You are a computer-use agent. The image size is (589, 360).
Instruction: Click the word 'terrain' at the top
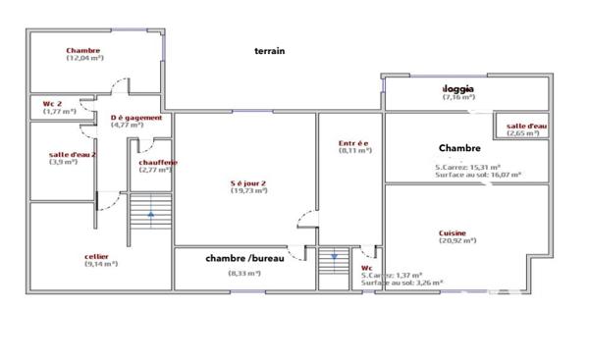tap(269, 51)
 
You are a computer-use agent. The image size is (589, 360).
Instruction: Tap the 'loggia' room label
tap(458, 87)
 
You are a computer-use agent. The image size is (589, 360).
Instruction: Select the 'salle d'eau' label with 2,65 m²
tap(527, 126)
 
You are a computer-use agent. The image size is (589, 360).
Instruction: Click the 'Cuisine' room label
tap(453, 232)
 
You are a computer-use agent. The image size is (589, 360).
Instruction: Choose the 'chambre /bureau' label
tap(245, 258)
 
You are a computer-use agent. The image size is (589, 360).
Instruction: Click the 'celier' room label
tap(97, 257)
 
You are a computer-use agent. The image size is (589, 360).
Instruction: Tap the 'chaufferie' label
tap(158, 161)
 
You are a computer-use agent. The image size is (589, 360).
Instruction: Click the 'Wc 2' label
tap(53, 102)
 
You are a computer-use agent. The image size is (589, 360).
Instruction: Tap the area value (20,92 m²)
tap(453, 241)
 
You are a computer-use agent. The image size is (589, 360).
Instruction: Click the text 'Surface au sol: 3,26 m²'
tap(402, 283)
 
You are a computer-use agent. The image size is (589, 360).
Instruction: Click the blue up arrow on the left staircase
tap(150, 214)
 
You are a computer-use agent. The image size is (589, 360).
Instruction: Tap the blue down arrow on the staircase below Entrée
tap(334, 257)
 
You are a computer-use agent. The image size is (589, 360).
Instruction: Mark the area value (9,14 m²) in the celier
tap(97, 265)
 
